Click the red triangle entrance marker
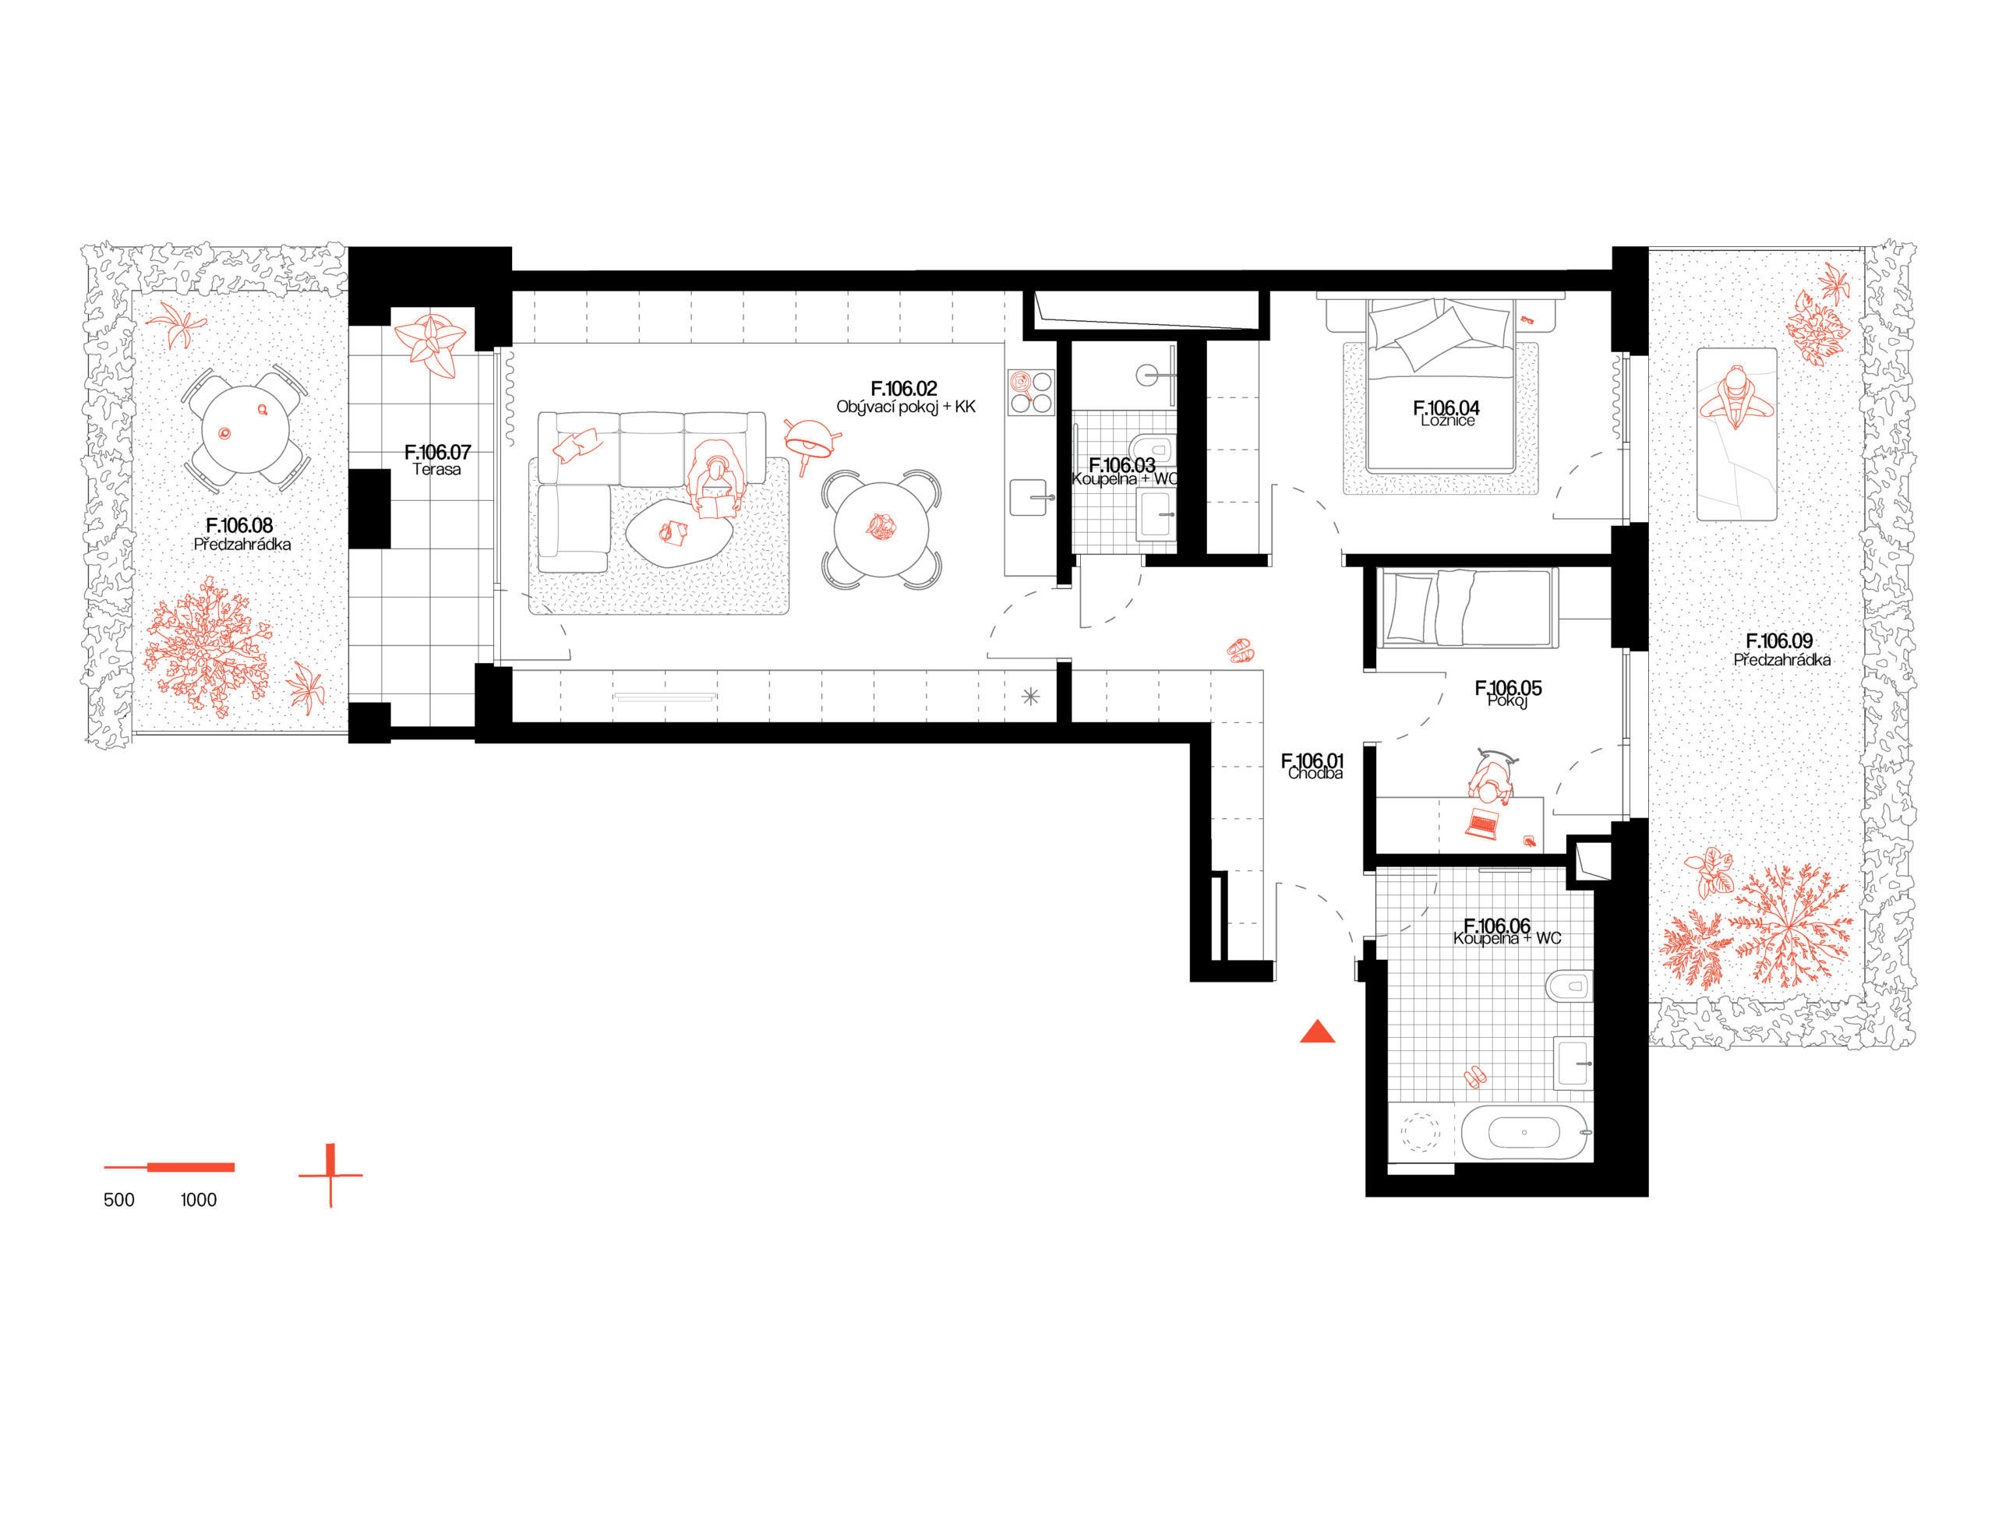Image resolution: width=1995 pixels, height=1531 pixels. click(x=1317, y=1032)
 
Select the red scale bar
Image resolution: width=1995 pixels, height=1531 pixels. click(x=171, y=1167)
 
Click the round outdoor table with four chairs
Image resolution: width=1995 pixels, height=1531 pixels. click(x=245, y=429)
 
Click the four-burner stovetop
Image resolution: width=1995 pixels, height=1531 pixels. click(x=1031, y=392)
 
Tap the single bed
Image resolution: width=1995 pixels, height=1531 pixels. click(x=1467, y=608)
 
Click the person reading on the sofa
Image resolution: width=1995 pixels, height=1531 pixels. click(x=717, y=478)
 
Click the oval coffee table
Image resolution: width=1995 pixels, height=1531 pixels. click(x=678, y=533)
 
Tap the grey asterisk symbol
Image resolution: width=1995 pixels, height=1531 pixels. click(x=1030, y=697)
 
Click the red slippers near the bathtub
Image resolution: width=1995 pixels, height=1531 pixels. click(x=1474, y=1076)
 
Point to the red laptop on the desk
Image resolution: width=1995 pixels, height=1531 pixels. click(x=1482, y=824)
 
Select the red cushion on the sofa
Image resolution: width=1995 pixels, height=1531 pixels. click(x=577, y=446)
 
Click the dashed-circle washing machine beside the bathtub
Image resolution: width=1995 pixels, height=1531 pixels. click(x=1419, y=1133)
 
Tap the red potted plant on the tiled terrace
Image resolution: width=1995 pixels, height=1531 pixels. click(x=431, y=344)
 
